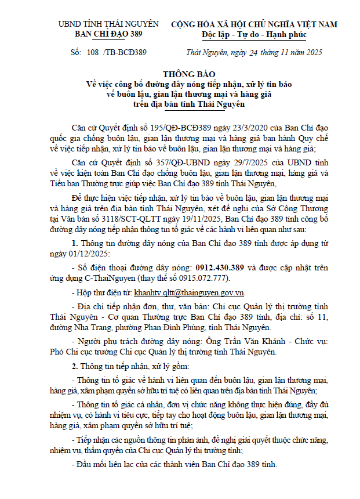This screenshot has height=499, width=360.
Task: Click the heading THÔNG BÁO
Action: coord(180,75)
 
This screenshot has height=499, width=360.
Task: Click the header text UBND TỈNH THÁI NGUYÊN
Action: coord(108,24)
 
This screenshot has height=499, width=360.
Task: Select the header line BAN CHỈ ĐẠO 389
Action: coord(108,34)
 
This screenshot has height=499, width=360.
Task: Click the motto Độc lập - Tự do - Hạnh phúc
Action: coord(254,34)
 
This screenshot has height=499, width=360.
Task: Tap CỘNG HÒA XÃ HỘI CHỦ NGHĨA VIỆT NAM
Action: coord(254,24)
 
